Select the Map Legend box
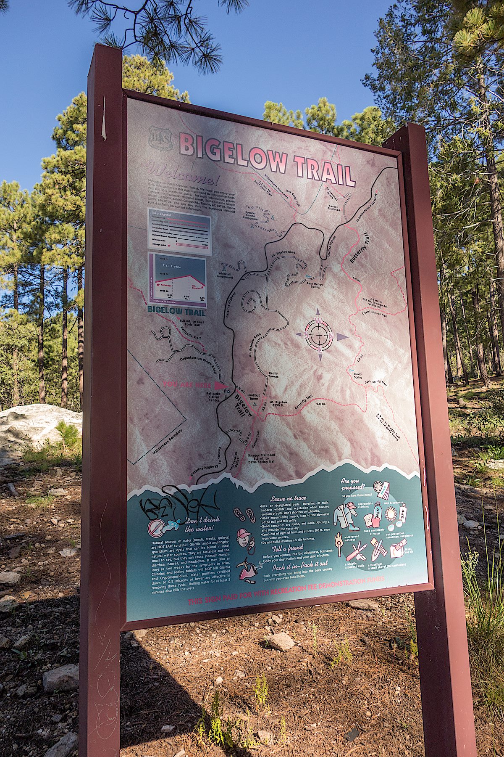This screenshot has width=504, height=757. pyautogui.click(x=179, y=231)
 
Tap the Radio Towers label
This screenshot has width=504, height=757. pyautogui.click(x=276, y=375)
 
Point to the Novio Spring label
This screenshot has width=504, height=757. pyautogui.click(x=358, y=375)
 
